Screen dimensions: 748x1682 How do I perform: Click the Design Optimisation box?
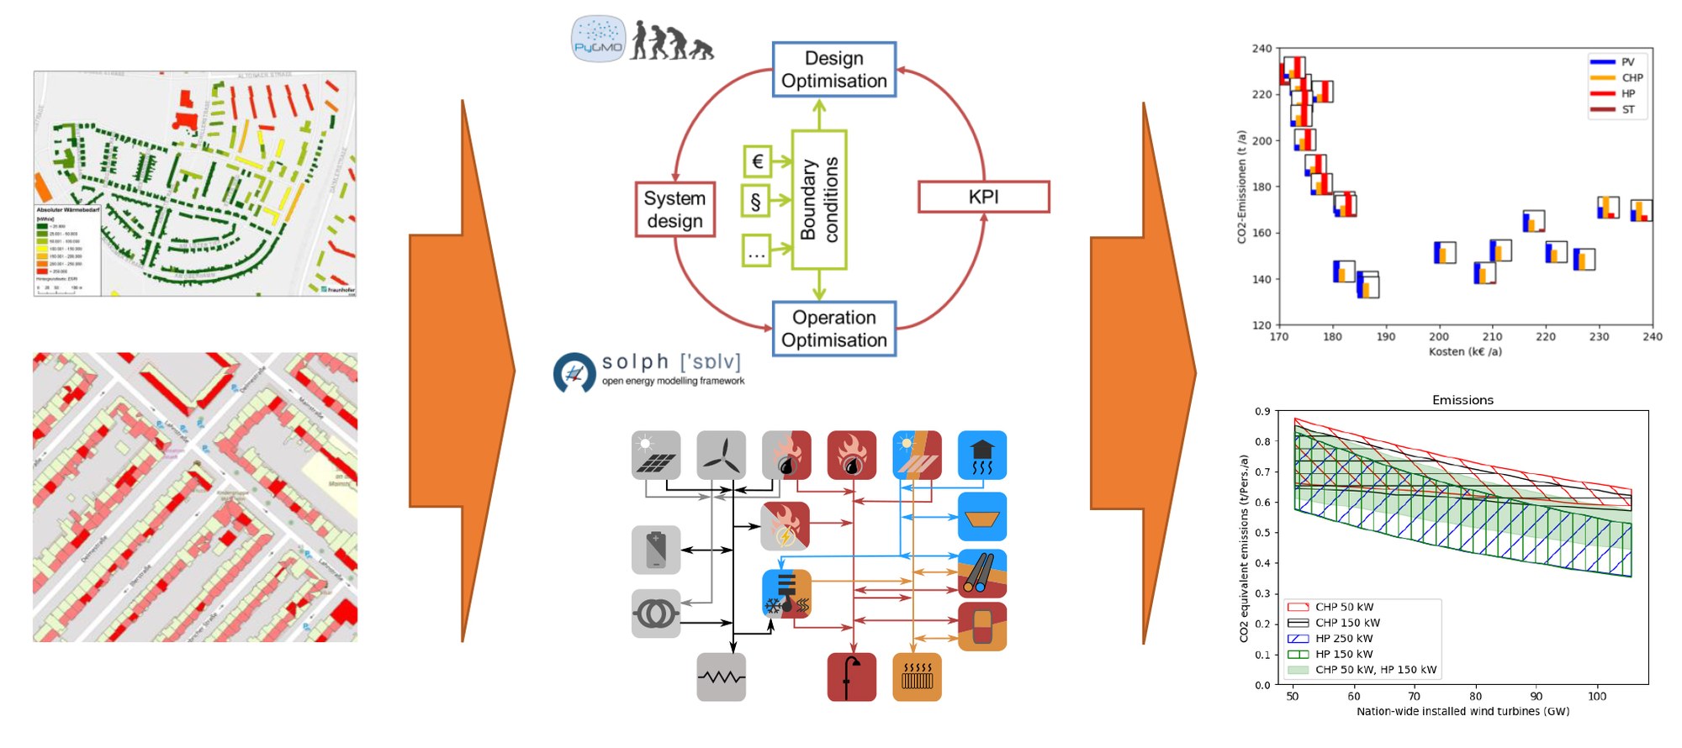(834, 70)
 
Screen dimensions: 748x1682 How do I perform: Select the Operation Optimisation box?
(834, 329)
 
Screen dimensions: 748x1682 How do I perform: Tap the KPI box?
(983, 197)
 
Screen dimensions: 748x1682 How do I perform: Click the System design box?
(674, 209)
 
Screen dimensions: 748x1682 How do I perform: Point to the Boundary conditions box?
(819, 199)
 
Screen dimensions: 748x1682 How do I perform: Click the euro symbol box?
(757, 161)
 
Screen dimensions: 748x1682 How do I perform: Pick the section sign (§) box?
(756, 202)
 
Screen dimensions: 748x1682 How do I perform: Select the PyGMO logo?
(598, 39)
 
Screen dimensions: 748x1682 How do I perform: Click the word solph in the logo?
(635, 361)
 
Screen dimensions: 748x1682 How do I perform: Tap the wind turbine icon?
(721, 456)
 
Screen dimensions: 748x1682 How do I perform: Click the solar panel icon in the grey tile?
(656, 456)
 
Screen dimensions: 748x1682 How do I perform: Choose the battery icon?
(656, 550)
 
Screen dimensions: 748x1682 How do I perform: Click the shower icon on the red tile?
(852, 677)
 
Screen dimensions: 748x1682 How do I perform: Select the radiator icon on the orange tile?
(917, 677)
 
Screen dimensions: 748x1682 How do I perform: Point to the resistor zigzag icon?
(721, 677)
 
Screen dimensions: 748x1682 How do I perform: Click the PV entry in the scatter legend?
(1627, 62)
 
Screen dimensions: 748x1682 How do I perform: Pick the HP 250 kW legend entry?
(1344, 639)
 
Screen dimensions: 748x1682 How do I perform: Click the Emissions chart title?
(1462, 400)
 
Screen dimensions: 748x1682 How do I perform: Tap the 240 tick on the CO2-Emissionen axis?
(1261, 49)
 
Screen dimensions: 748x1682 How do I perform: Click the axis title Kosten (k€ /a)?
(1465, 351)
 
